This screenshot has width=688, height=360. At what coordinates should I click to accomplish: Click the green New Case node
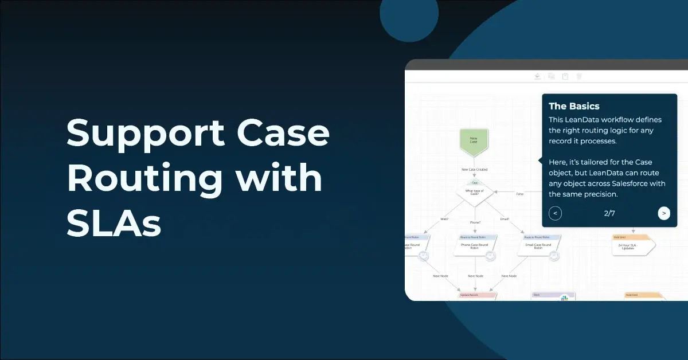tap(474, 141)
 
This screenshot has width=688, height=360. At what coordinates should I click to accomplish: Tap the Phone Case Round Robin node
tap(475, 247)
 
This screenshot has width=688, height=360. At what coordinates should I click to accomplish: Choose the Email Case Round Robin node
tap(538, 247)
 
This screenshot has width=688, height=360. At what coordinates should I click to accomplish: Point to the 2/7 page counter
tap(609, 213)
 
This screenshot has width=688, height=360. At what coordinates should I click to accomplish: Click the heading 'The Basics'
tap(574, 106)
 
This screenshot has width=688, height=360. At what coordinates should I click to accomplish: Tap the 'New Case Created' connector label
tap(474, 170)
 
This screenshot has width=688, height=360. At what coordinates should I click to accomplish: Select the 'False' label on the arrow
tap(520, 194)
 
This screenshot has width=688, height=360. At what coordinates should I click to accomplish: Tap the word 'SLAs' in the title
tap(114, 223)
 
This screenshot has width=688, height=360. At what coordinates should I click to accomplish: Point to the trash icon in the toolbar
tap(579, 76)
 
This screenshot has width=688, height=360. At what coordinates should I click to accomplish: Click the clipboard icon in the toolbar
tap(565, 76)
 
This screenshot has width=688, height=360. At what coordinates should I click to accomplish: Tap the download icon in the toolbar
tap(537, 76)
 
